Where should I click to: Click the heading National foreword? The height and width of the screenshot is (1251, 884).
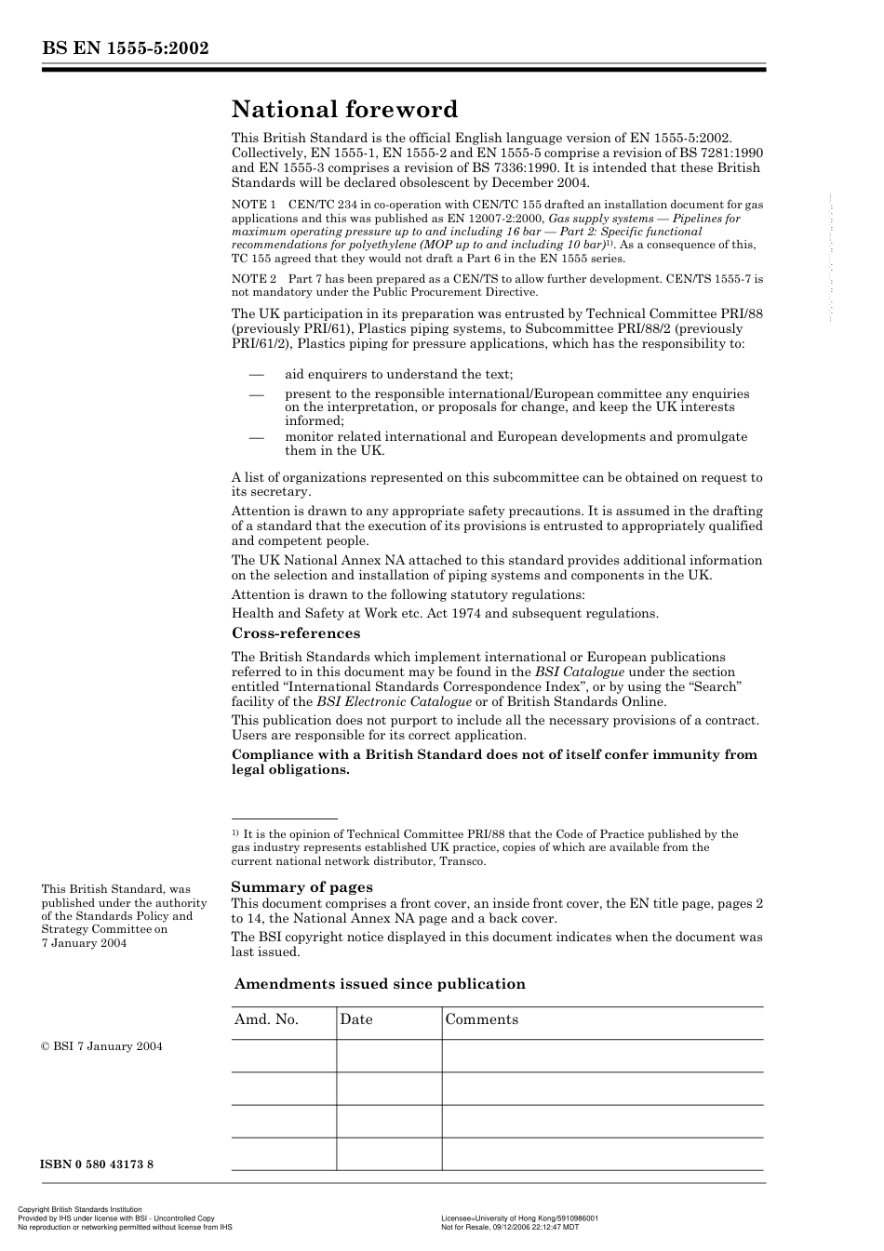(344, 110)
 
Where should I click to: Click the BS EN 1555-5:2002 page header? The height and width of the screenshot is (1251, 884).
(125, 49)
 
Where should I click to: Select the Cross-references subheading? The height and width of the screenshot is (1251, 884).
(295, 633)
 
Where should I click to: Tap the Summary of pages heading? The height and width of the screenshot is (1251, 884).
(301, 887)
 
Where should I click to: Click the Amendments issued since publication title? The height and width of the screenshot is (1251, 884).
(380, 984)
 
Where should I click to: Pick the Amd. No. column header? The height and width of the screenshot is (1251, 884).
(266, 1019)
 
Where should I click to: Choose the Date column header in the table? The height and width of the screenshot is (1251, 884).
(355, 1019)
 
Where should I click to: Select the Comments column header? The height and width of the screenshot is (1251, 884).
(481, 1019)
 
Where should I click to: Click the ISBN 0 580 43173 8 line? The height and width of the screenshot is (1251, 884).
(97, 1164)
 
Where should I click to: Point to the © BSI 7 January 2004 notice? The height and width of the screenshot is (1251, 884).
(101, 1046)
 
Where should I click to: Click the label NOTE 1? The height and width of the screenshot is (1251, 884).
(253, 205)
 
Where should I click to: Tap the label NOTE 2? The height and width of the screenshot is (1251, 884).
(253, 279)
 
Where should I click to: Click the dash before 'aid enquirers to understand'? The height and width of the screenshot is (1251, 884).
(256, 374)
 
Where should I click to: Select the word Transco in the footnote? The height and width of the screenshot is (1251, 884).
(464, 861)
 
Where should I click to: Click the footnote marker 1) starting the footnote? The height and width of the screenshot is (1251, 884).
(235, 833)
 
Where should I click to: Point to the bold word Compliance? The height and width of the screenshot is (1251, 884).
(272, 754)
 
